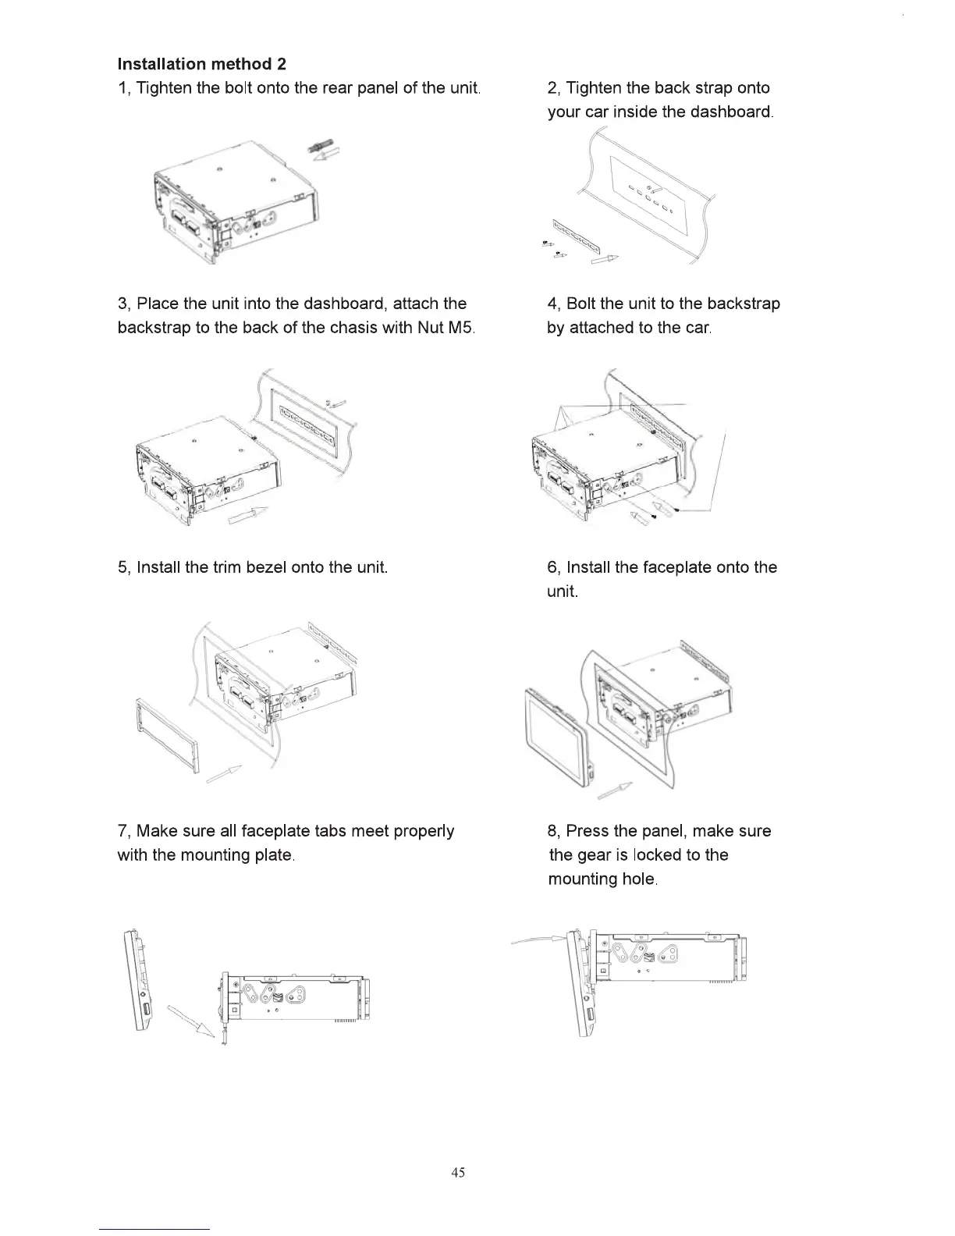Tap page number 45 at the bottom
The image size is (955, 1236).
(458, 1172)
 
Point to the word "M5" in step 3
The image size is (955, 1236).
(458, 328)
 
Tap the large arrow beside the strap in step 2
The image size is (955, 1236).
(605, 261)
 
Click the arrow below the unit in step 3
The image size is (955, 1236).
(247, 515)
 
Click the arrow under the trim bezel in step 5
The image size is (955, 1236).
(223, 775)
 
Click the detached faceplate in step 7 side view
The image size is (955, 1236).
(138, 980)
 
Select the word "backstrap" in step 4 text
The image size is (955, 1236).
(744, 304)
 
